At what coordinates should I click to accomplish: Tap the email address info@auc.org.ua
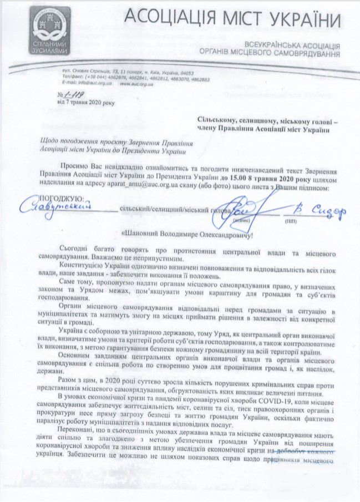pos(77,84)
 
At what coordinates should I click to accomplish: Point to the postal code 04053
pos(201,72)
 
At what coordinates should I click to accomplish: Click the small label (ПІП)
pos(306,220)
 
